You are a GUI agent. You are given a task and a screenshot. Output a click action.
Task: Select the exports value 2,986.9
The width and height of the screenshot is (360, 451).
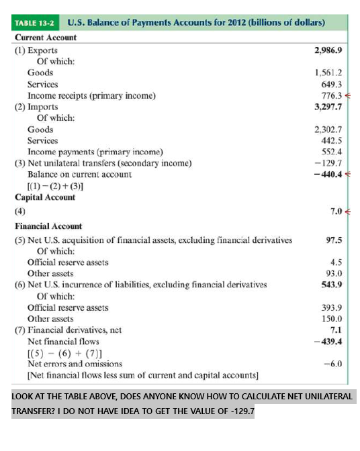(x=328, y=50)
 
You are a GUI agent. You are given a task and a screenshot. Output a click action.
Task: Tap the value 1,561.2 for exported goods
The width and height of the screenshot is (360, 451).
(x=328, y=72)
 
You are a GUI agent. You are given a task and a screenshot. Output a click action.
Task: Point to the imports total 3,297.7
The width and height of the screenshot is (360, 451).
(x=328, y=107)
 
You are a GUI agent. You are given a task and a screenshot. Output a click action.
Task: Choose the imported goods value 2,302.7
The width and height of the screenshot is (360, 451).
(x=328, y=129)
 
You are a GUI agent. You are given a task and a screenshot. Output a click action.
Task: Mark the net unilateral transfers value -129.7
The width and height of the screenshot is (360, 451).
(x=330, y=163)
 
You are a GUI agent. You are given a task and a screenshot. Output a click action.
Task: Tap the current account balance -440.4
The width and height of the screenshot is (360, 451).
(x=328, y=174)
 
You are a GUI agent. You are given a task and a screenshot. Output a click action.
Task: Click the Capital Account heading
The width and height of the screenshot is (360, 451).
(x=45, y=197)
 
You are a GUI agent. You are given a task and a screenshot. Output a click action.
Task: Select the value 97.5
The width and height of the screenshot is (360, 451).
(x=334, y=240)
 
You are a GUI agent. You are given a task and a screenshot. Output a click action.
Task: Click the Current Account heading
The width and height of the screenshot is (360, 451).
(x=46, y=38)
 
